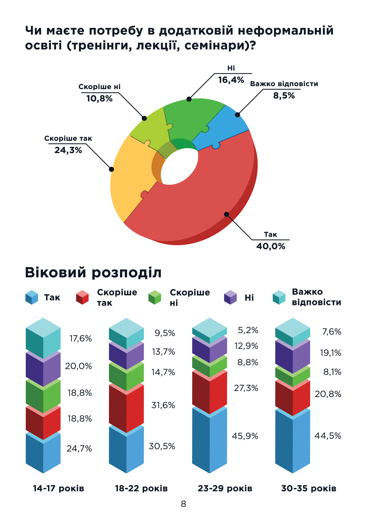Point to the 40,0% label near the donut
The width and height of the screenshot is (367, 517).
[x=271, y=246]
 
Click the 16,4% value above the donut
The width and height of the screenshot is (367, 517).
[x=231, y=80]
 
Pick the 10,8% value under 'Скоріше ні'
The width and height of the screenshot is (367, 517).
[x=99, y=98]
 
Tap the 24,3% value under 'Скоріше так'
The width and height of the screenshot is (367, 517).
[x=68, y=150]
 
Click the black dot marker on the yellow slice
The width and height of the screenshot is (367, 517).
[x=111, y=169]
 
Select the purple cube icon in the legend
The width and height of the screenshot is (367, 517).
[x=230, y=297]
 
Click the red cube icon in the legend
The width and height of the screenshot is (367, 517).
[x=82, y=297]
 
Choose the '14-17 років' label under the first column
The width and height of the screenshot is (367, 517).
[x=58, y=488]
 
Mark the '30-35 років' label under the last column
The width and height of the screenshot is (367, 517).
[x=309, y=488]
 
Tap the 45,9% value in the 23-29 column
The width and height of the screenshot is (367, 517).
[x=245, y=436]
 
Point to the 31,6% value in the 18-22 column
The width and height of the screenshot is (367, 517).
[x=163, y=405]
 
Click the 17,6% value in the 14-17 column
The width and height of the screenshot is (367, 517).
[x=81, y=338]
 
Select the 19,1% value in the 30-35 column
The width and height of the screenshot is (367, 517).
[x=330, y=353]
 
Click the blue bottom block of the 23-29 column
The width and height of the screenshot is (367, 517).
[x=210, y=439]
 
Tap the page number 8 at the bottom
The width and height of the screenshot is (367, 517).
[x=183, y=504]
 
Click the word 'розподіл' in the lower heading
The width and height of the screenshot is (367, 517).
[x=126, y=272]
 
